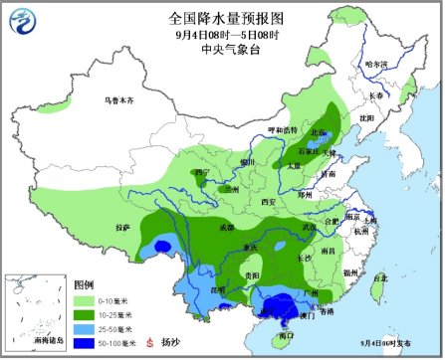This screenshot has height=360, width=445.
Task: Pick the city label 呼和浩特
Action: click(x=283, y=130)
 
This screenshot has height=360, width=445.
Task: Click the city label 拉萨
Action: click(x=122, y=227)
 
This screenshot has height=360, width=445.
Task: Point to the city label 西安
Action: click(x=268, y=201)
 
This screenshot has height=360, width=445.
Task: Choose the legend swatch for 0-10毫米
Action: click(x=88, y=297)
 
